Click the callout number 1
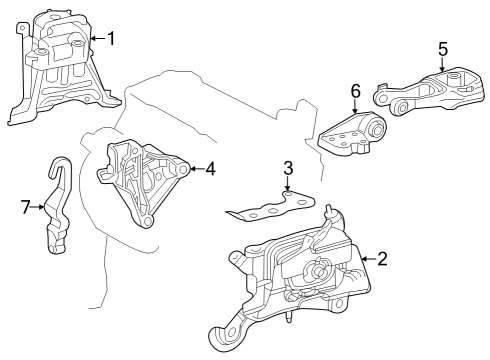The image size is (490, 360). point(111,38)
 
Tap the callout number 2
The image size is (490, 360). point(382,259)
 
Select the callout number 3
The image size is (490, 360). point(288,168)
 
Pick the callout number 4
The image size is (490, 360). point(210,169)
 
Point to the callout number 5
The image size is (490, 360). point(443,49)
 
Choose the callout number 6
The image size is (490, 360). point(356,91)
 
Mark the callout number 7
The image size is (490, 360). point(26,207)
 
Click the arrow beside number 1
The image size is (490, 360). point(98,39)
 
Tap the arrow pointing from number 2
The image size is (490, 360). point(368,259)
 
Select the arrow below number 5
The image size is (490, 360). point(442,65)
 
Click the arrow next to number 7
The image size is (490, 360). point(38,207)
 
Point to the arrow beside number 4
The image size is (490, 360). point(197,169)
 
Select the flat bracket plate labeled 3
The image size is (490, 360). point(273,207)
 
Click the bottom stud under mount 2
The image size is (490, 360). point(288,317)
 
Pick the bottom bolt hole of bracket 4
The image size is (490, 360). point(147,221)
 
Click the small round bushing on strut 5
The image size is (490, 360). point(402,108)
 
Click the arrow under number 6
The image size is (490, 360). point(355,106)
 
